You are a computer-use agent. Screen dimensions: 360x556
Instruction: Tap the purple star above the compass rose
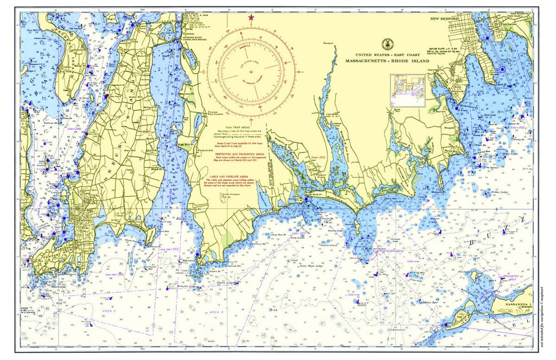(251, 18)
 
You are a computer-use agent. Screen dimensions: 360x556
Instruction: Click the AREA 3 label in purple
(215, 313)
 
